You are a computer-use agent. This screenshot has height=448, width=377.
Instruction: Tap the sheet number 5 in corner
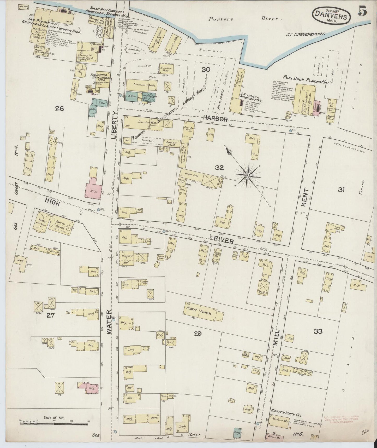pyautogui.click(x=363, y=12)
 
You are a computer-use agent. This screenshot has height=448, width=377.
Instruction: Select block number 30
pyautogui.click(x=206, y=69)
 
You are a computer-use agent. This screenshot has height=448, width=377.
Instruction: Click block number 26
pyautogui.click(x=59, y=108)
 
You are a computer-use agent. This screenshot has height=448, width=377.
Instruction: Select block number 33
pyautogui.click(x=318, y=331)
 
